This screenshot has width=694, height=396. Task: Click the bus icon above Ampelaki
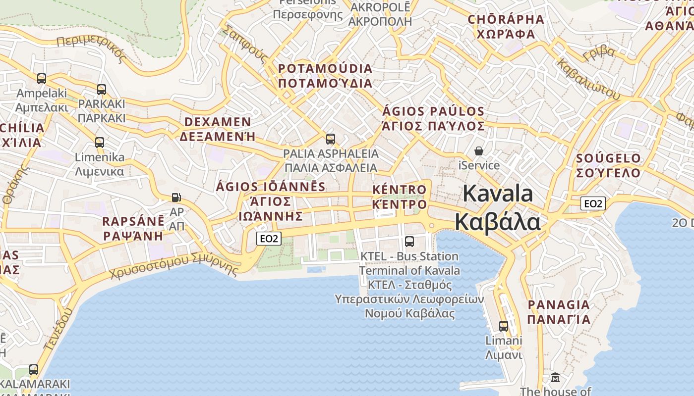[x=42, y=78]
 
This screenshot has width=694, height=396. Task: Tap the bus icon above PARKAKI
[x=102, y=90]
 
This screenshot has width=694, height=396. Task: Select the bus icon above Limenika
[x=100, y=143]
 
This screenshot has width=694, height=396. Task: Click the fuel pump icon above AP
[x=176, y=197]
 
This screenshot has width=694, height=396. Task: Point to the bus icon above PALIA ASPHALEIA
[x=331, y=139]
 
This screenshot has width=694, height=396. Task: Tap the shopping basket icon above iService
[x=479, y=150]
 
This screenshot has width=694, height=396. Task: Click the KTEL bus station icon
[x=409, y=242]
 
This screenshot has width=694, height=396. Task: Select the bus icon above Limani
[x=504, y=326]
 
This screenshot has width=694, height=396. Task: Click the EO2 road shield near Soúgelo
[x=593, y=203]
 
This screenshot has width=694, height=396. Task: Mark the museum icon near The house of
[x=555, y=378]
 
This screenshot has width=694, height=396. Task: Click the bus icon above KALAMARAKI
[x=34, y=369]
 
